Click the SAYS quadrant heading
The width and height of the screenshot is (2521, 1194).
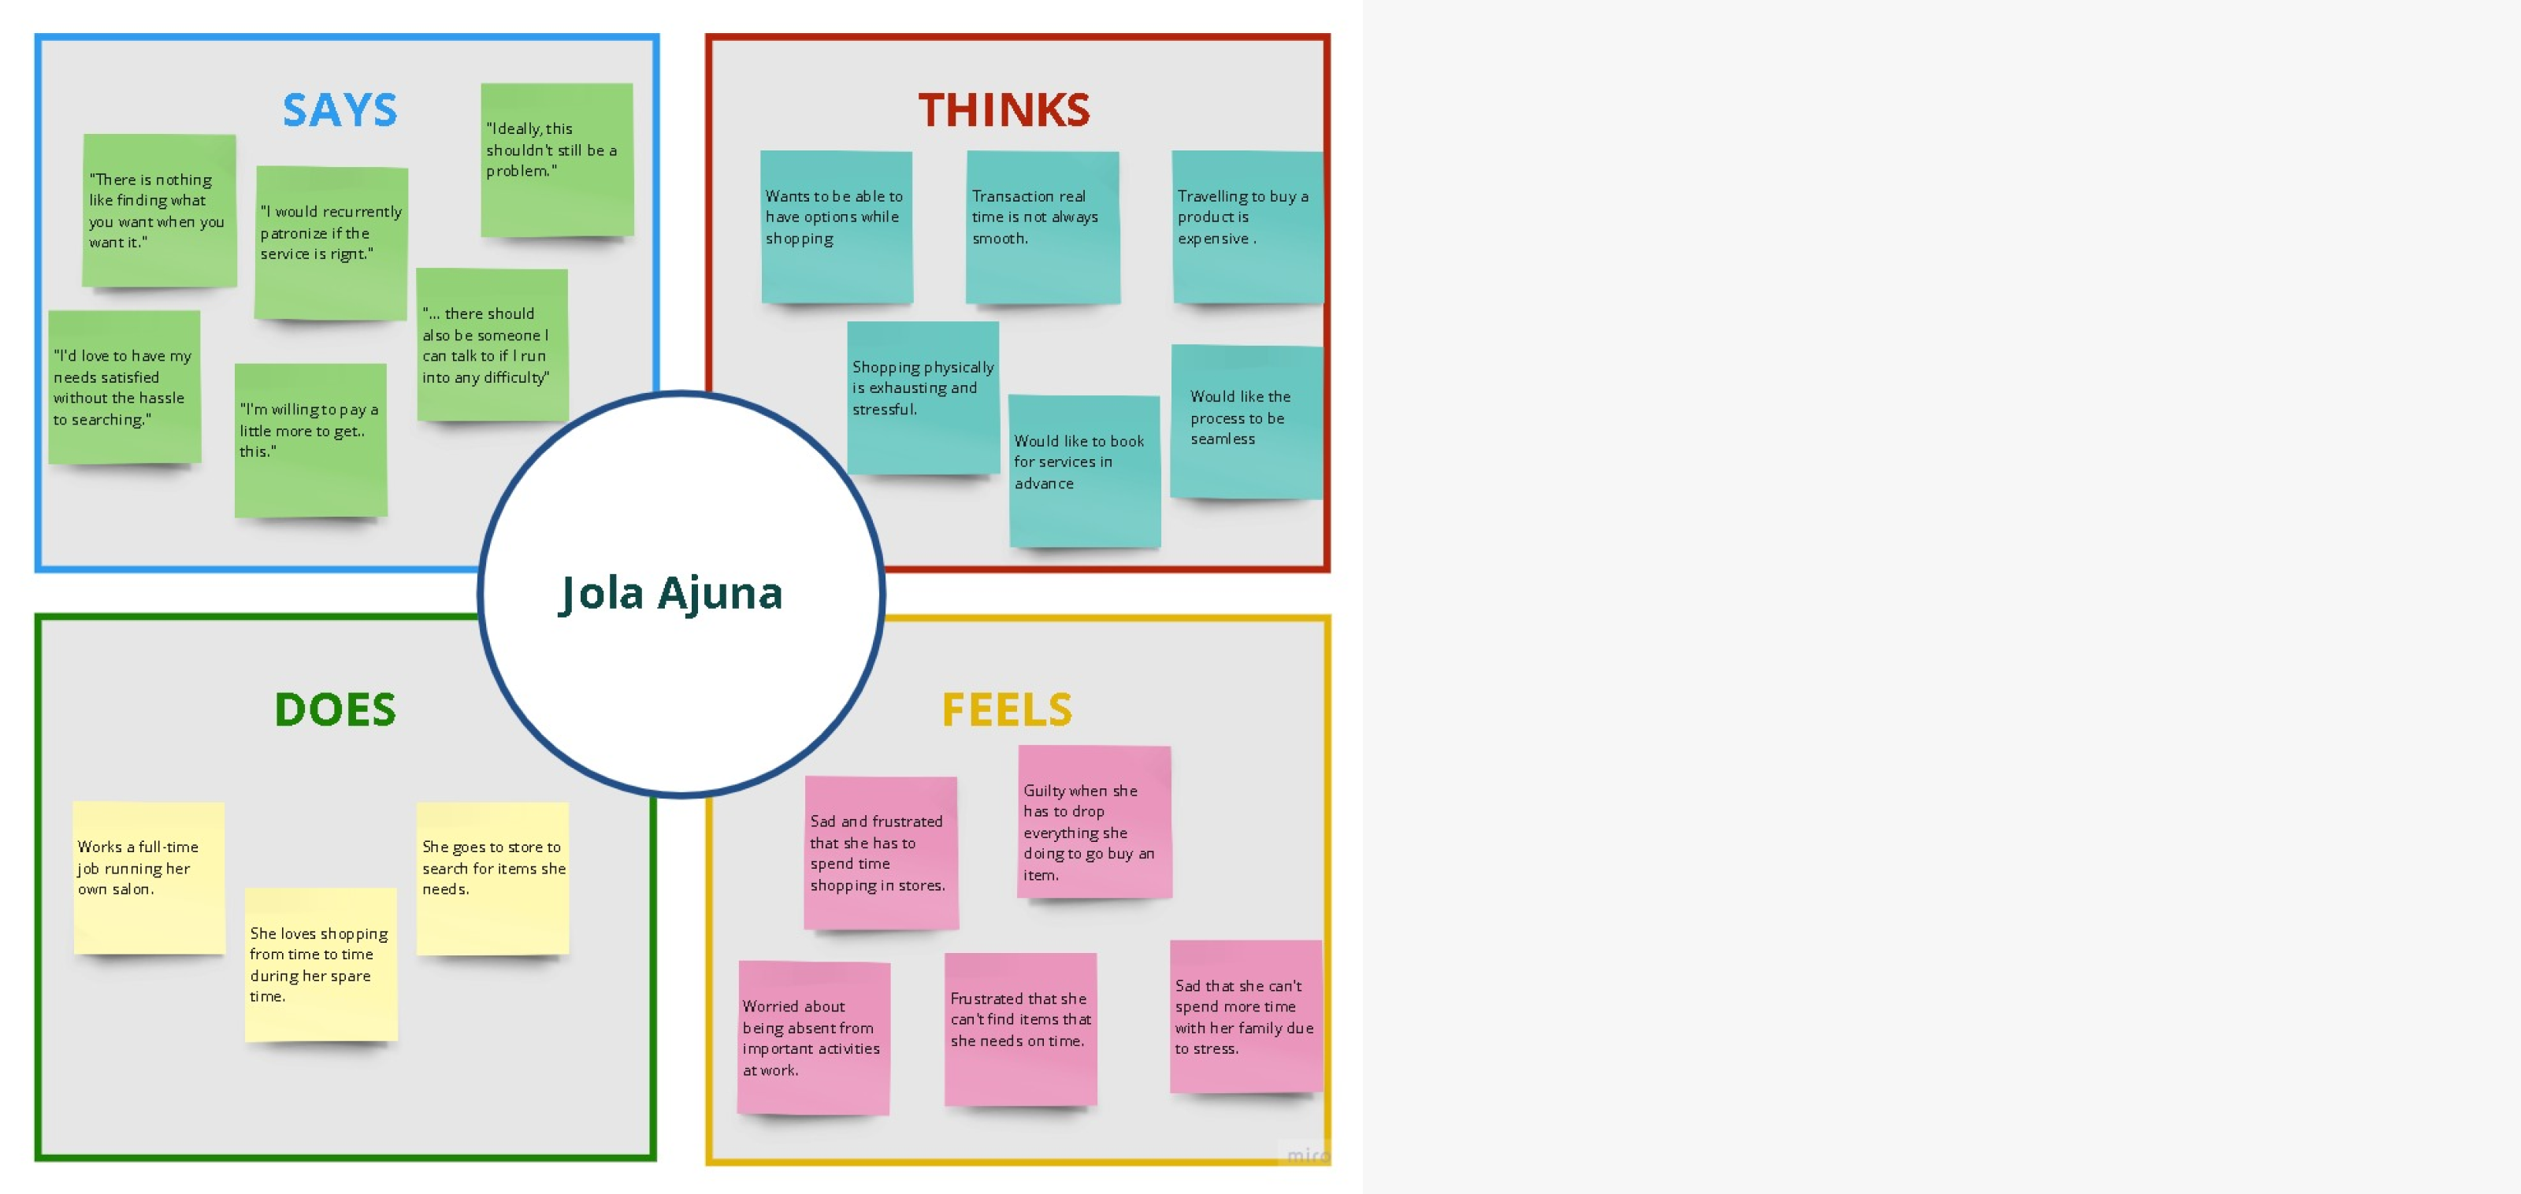[x=340, y=109]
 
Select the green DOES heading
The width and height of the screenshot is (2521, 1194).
[x=335, y=710]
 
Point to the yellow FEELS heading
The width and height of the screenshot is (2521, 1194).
[x=1006, y=710]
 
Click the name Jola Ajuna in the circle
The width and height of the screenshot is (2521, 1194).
[x=671, y=593]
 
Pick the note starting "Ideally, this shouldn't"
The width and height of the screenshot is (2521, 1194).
[x=556, y=160]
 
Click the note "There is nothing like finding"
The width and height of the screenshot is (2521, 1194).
[x=158, y=210]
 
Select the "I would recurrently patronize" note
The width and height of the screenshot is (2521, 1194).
[x=331, y=243]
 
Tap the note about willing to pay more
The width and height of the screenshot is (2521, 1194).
[x=310, y=439]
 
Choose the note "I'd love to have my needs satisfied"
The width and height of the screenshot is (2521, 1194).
[x=124, y=387]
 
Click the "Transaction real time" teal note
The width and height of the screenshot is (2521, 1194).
[x=1041, y=227]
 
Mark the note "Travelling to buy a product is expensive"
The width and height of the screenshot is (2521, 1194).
[x=1247, y=227]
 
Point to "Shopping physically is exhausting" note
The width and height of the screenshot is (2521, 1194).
[x=922, y=398]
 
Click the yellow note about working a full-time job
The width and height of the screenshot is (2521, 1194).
[x=149, y=877]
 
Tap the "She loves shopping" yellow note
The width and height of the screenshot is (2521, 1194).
[x=320, y=964]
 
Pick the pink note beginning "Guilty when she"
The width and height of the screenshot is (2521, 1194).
[x=1093, y=822]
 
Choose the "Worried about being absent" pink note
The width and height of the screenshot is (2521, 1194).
[x=812, y=1037]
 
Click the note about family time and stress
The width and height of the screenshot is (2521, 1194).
[x=1245, y=1016]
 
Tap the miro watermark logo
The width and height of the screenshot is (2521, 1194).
[x=1305, y=1155]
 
